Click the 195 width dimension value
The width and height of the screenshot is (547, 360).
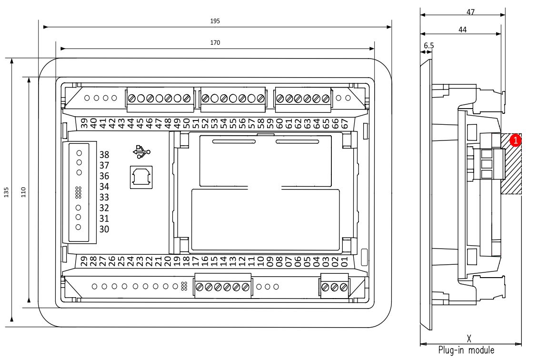pyautogui.click(x=215, y=21)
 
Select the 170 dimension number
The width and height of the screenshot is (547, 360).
pyautogui.click(x=215, y=43)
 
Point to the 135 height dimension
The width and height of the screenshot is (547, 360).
pyautogui.click(x=6, y=192)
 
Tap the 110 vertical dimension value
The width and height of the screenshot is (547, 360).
pyautogui.click(x=23, y=192)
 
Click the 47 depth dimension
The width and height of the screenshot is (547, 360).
pyautogui.click(x=470, y=13)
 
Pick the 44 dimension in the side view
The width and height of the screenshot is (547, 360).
pyautogui.click(x=462, y=30)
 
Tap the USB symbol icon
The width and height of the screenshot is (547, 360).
pyautogui.click(x=142, y=152)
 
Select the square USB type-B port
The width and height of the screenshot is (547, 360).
pyautogui.click(x=141, y=178)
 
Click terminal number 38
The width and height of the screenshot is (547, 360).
pyautogui.click(x=104, y=155)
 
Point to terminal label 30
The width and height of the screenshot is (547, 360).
pyautogui.click(x=104, y=230)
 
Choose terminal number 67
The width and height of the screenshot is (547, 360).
pyautogui.click(x=345, y=123)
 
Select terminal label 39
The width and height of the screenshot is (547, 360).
pyautogui.click(x=84, y=123)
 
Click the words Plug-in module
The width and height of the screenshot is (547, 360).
pyautogui.click(x=466, y=350)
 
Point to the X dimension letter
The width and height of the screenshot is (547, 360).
pyautogui.click(x=469, y=339)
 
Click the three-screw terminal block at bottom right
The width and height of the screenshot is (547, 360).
pyautogui.click(x=334, y=287)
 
